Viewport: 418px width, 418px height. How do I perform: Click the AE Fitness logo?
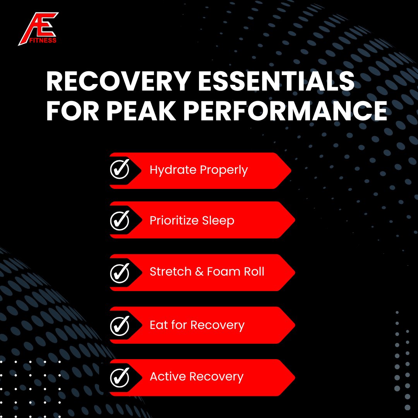click(38, 28)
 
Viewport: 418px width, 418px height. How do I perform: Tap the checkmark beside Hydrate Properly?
click(120, 170)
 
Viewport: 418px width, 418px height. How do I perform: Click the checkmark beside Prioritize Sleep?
click(120, 220)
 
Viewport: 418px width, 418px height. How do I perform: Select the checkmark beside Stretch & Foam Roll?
click(120, 273)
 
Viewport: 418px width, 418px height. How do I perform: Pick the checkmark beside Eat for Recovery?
click(120, 325)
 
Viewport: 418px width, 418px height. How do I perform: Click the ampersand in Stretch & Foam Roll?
click(199, 272)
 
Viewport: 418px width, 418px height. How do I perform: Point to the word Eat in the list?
click(159, 325)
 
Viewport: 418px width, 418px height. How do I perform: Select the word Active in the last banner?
click(168, 377)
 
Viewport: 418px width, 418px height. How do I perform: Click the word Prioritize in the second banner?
click(174, 221)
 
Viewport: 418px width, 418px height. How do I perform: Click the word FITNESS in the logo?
click(44, 40)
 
